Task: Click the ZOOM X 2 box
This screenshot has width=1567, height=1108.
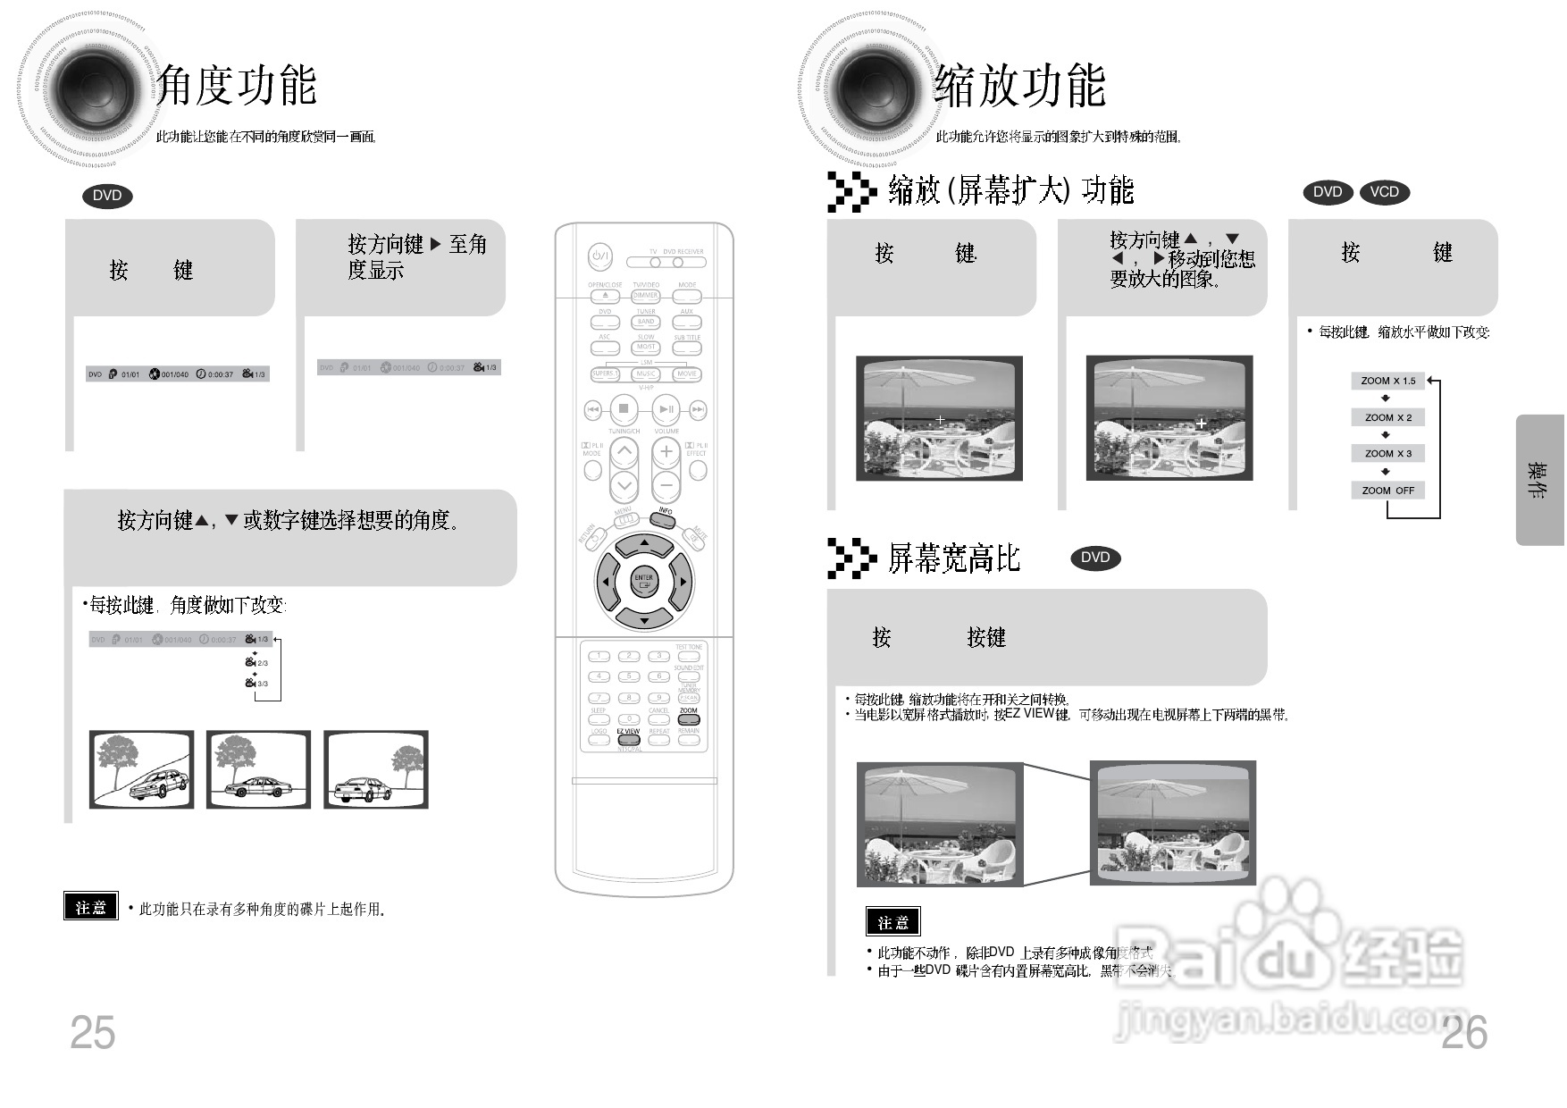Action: [x=1387, y=417]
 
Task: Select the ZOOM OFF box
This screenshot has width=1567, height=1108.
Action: [x=1387, y=491]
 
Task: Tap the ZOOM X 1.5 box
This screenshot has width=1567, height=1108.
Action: [x=1387, y=381]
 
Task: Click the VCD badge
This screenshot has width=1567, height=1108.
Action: [x=1384, y=192]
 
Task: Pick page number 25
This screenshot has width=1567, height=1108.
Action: [x=92, y=1033]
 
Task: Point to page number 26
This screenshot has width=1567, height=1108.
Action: [x=1464, y=1033]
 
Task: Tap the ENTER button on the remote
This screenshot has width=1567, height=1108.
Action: [x=643, y=581]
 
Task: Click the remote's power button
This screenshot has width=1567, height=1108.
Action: [x=599, y=257]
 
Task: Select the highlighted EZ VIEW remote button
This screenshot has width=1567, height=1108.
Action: [x=628, y=739]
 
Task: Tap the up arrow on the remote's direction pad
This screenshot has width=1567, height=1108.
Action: [x=643, y=543]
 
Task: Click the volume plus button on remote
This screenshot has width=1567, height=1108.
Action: [x=666, y=452]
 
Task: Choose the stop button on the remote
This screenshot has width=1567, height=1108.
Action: [x=624, y=409]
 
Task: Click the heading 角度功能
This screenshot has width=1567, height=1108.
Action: [x=237, y=87]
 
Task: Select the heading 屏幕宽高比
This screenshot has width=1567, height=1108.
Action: [x=953, y=558]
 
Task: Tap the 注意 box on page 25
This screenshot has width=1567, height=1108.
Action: [x=90, y=906]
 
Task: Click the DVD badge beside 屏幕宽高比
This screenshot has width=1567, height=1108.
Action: [x=1094, y=558]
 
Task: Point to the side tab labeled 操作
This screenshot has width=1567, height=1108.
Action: [x=1538, y=480]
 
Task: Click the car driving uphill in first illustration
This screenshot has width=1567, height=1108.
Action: [x=159, y=785]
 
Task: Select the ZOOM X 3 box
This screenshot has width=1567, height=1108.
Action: [x=1387, y=454]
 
